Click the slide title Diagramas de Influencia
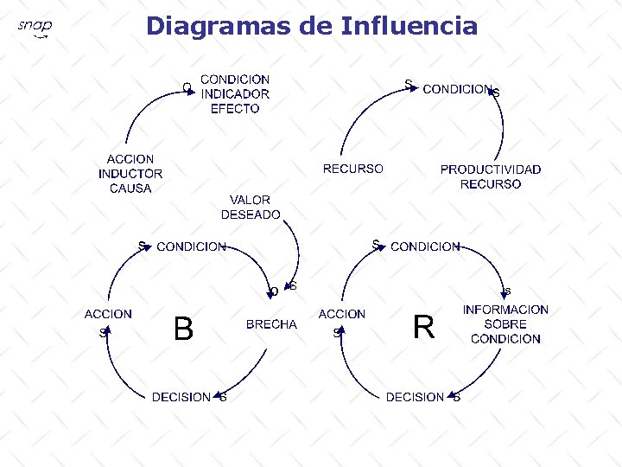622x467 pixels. pyautogui.click(x=311, y=26)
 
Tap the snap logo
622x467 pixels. pyautogui.click(x=35, y=29)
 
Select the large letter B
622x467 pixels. pyautogui.click(x=182, y=329)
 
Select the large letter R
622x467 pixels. pyautogui.click(x=423, y=328)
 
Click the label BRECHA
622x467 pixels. pyautogui.click(x=271, y=324)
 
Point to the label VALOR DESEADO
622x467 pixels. pyautogui.click(x=251, y=207)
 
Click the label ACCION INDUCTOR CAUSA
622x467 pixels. pyautogui.click(x=130, y=174)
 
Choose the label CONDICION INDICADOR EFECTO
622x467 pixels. pyautogui.click(x=235, y=93)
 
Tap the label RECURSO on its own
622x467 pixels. pyautogui.click(x=352, y=169)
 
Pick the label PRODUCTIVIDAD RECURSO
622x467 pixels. pyautogui.click(x=490, y=176)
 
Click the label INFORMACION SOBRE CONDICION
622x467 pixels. pyautogui.click(x=505, y=323)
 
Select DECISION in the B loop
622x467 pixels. pyautogui.click(x=181, y=397)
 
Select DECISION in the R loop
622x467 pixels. pyautogui.click(x=415, y=397)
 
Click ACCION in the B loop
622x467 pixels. pyautogui.click(x=108, y=314)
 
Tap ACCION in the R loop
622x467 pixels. pyautogui.click(x=342, y=314)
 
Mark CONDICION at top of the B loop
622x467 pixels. pyautogui.click(x=191, y=246)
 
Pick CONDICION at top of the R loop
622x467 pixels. pyautogui.click(x=425, y=246)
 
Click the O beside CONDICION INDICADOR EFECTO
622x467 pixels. pyautogui.click(x=187, y=86)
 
